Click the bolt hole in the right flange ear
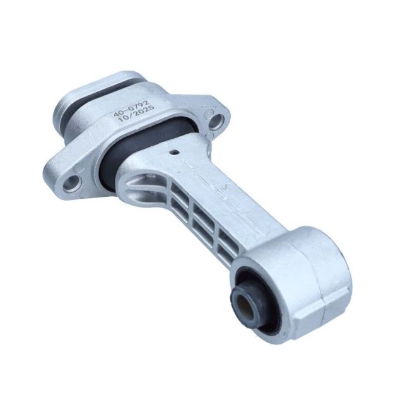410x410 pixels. pyautogui.click(x=216, y=120)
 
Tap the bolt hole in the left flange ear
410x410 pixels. pyautogui.click(x=74, y=182)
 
